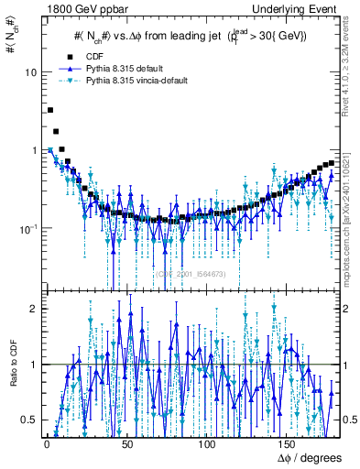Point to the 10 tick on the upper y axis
[x=30, y=72]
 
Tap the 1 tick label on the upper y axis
[x=34, y=150]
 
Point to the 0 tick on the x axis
[x=47, y=444]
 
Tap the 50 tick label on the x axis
[x=127, y=444]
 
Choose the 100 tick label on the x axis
[x=208, y=444]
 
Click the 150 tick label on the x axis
[x=289, y=444]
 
